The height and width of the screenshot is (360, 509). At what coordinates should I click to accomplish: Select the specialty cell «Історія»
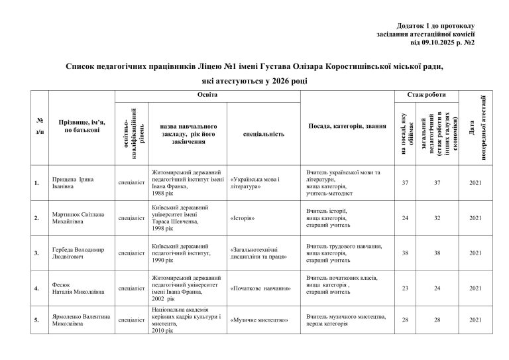point(243,217)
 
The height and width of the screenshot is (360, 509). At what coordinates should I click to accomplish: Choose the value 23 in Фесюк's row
point(404,288)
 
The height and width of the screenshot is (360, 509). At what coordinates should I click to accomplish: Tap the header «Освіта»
point(207,96)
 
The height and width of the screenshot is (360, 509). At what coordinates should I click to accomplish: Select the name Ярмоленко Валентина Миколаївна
point(80,320)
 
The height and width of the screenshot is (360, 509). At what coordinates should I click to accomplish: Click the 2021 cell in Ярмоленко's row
point(473,320)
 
